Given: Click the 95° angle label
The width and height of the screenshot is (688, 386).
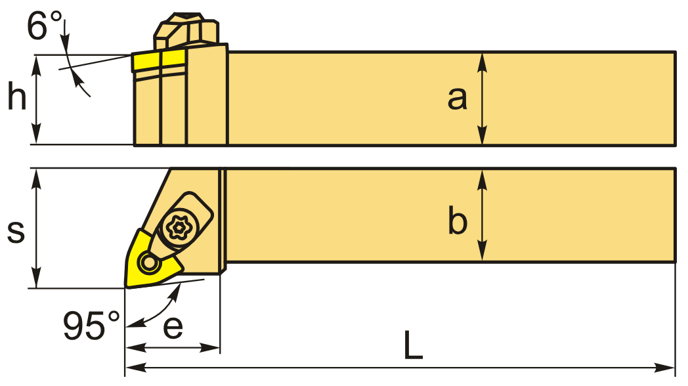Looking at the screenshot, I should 91,325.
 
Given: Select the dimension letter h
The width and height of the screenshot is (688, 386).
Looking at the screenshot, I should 17,98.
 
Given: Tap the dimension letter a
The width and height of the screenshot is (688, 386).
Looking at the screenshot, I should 458,98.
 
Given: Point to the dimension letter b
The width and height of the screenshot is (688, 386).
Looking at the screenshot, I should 458,221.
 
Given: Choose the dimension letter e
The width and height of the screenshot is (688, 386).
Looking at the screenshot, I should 173,326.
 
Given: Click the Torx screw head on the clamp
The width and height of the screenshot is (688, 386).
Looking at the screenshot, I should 178,227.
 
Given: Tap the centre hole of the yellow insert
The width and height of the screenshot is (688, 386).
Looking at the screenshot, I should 148,264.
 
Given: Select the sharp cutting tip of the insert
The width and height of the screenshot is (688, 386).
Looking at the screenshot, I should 127,286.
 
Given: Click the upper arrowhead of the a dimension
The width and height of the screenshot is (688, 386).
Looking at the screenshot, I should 483,59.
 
